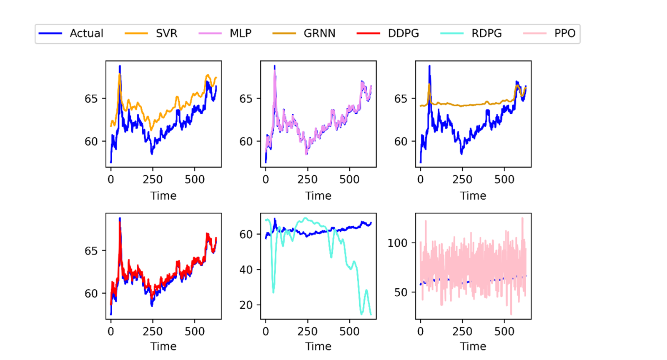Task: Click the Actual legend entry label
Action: click(x=86, y=33)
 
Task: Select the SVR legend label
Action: click(x=166, y=33)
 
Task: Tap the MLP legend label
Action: click(x=241, y=33)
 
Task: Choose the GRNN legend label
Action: click(x=319, y=33)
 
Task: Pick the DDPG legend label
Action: click(x=403, y=33)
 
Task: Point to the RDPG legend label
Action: click(x=486, y=33)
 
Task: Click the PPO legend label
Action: click(x=564, y=33)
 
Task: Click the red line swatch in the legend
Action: click(x=369, y=33)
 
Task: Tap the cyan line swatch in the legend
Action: click(x=452, y=33)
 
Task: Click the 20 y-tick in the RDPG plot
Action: click(x=246, y=305)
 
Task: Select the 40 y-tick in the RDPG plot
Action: click(x=246, y=270)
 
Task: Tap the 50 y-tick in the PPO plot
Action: click(x=401, y=292)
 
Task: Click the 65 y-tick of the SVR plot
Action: click(x=91, y=99)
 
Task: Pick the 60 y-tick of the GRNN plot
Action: click(x=401, y=142)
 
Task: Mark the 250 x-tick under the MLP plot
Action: click(x=308, y=180)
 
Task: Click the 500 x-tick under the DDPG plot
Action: click(x=195, y=332)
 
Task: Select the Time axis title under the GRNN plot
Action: click(x=473, y=196)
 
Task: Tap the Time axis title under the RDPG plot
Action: click(x=318, y=346)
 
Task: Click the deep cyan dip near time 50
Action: click(x=273, y=292)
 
